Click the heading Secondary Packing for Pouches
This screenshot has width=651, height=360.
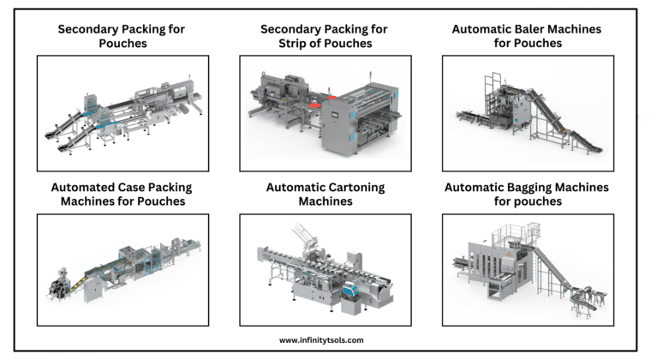click(x=121, y=35)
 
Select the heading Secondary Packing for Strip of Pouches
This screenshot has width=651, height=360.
click(x=324, y=35)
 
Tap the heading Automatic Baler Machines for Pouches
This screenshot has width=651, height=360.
click(x=526, y=35)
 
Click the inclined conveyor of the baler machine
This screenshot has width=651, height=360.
click(x=565, y=107)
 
